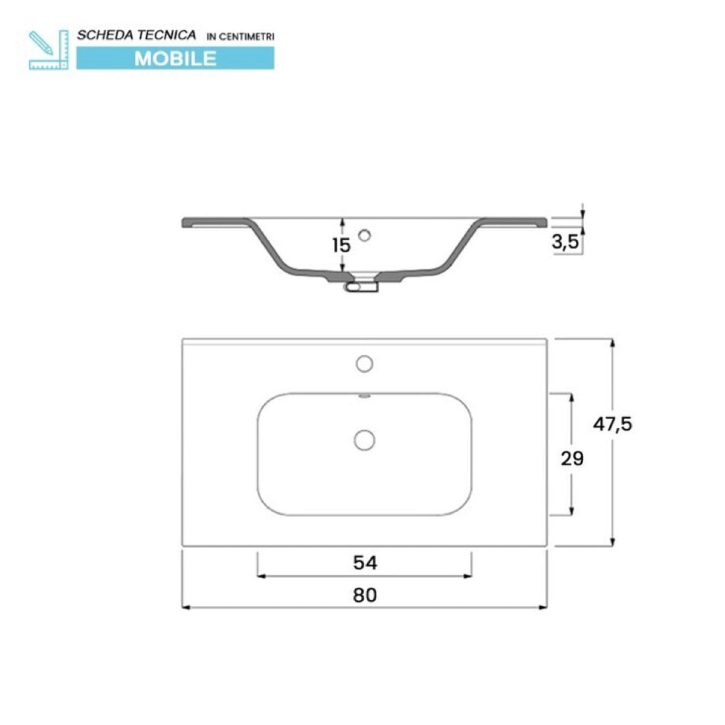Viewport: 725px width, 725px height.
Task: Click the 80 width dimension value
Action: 364,595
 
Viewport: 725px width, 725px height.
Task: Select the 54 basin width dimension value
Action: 364,563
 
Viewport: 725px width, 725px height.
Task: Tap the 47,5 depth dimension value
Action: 612,424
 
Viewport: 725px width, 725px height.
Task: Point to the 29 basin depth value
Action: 572,459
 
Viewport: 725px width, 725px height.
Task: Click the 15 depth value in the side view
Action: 341,245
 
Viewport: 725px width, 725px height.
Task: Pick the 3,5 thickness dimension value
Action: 565,243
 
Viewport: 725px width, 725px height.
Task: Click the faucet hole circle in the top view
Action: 364,364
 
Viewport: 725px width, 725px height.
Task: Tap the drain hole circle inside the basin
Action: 364,439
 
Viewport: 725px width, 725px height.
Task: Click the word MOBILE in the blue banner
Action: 175,58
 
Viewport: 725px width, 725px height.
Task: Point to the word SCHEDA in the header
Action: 97,36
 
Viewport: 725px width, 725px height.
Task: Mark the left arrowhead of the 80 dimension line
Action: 185,607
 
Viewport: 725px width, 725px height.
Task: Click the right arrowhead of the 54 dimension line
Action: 468,576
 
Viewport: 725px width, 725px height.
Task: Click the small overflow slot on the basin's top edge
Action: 364,396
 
